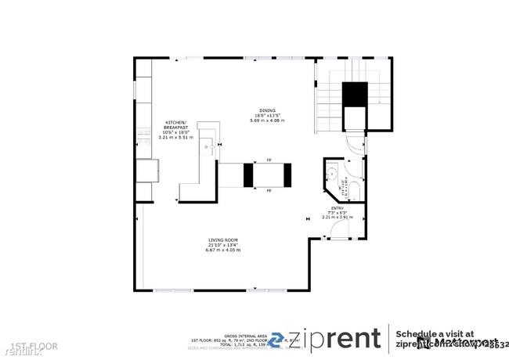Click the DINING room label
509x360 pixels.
click(267, 110)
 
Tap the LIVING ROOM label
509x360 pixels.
click(223, 239)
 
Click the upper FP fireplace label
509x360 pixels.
click(269, 160)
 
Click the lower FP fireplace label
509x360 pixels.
click(269, 190)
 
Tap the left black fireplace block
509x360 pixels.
click(249, 175)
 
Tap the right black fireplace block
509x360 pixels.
click(287, 175)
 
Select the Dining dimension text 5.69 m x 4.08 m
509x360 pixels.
click(267, 120)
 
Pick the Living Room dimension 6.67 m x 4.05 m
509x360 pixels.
click(223, 250)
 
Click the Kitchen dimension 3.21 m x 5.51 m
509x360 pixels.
click(175, 138)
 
